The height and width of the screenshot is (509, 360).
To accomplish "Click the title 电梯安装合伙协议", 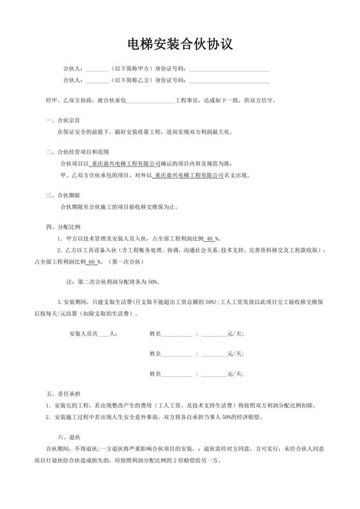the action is [179, 44].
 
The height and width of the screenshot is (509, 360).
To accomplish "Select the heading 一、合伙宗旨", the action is [62, 120].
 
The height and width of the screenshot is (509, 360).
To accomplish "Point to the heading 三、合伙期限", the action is [62, 195].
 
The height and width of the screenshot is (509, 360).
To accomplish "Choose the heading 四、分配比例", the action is [62, 227].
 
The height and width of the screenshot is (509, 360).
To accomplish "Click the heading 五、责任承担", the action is [62, 393].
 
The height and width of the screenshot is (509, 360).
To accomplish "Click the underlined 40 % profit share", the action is [212, 239].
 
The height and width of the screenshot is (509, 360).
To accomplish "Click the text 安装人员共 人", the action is [91, 334].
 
